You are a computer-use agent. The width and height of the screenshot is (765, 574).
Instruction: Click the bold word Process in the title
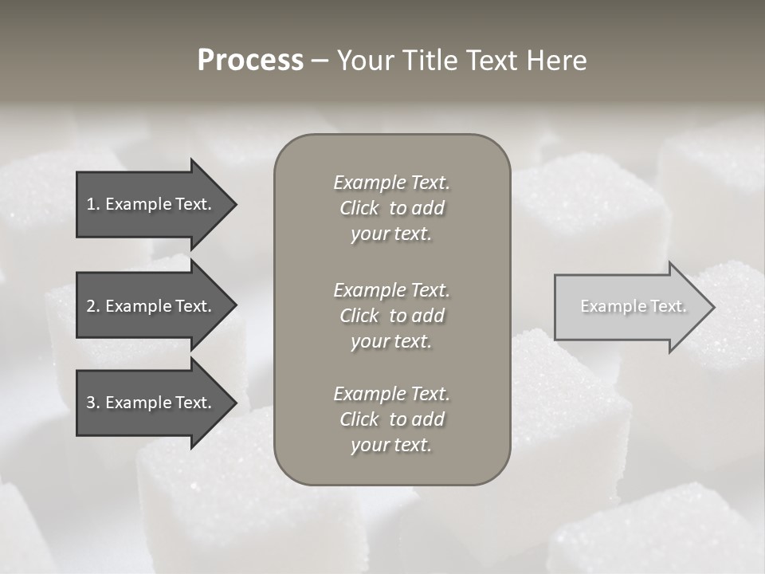(x=250, y=61)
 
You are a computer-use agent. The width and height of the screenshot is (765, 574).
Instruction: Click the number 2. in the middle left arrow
(x=93, y=306)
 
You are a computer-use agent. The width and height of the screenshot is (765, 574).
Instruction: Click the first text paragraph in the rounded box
(x=391, y=208)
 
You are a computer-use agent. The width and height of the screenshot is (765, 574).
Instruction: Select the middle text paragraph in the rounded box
(x=391, y=316)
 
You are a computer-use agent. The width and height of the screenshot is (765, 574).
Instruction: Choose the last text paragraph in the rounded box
(x=391, y=419)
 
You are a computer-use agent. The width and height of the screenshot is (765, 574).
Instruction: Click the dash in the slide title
(x=320, y=61)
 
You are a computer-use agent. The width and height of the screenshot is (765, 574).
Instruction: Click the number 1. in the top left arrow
(x=93, y=204)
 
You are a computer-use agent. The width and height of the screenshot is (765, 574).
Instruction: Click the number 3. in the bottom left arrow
(x=93, y=403)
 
